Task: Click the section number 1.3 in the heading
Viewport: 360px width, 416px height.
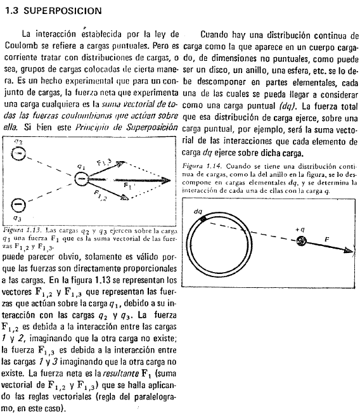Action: click(x=15, y=11)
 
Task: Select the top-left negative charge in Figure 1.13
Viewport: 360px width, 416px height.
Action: click(x=20, y=154)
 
